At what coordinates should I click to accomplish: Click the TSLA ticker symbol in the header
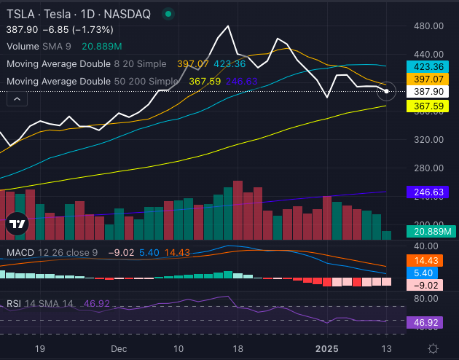(20, 14)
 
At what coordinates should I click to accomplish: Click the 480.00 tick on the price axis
(428, 26)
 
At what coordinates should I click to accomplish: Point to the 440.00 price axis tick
(428, 54)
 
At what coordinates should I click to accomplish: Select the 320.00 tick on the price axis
(428, 139)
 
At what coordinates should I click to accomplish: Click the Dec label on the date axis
(119, 349)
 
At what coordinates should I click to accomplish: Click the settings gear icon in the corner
(433, 349)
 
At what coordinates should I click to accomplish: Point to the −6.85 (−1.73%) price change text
(78, 29)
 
